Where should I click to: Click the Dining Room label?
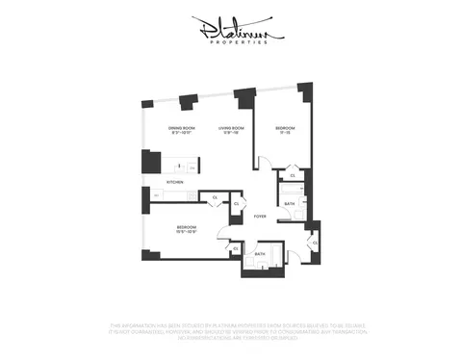coord(183,127)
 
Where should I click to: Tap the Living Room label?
coord(228,127)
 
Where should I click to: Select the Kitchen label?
coord(175,181)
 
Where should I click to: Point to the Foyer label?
coord(260,217)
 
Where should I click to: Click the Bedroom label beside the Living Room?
coord(286,127)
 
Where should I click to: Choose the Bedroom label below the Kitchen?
coord(186,226)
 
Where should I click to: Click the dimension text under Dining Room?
coord(183,134)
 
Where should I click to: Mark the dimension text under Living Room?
coord(228,134)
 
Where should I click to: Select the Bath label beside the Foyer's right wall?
coord(290,203)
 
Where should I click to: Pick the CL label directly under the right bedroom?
coord(293,176)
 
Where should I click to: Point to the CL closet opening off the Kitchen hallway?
coord(215,197)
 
